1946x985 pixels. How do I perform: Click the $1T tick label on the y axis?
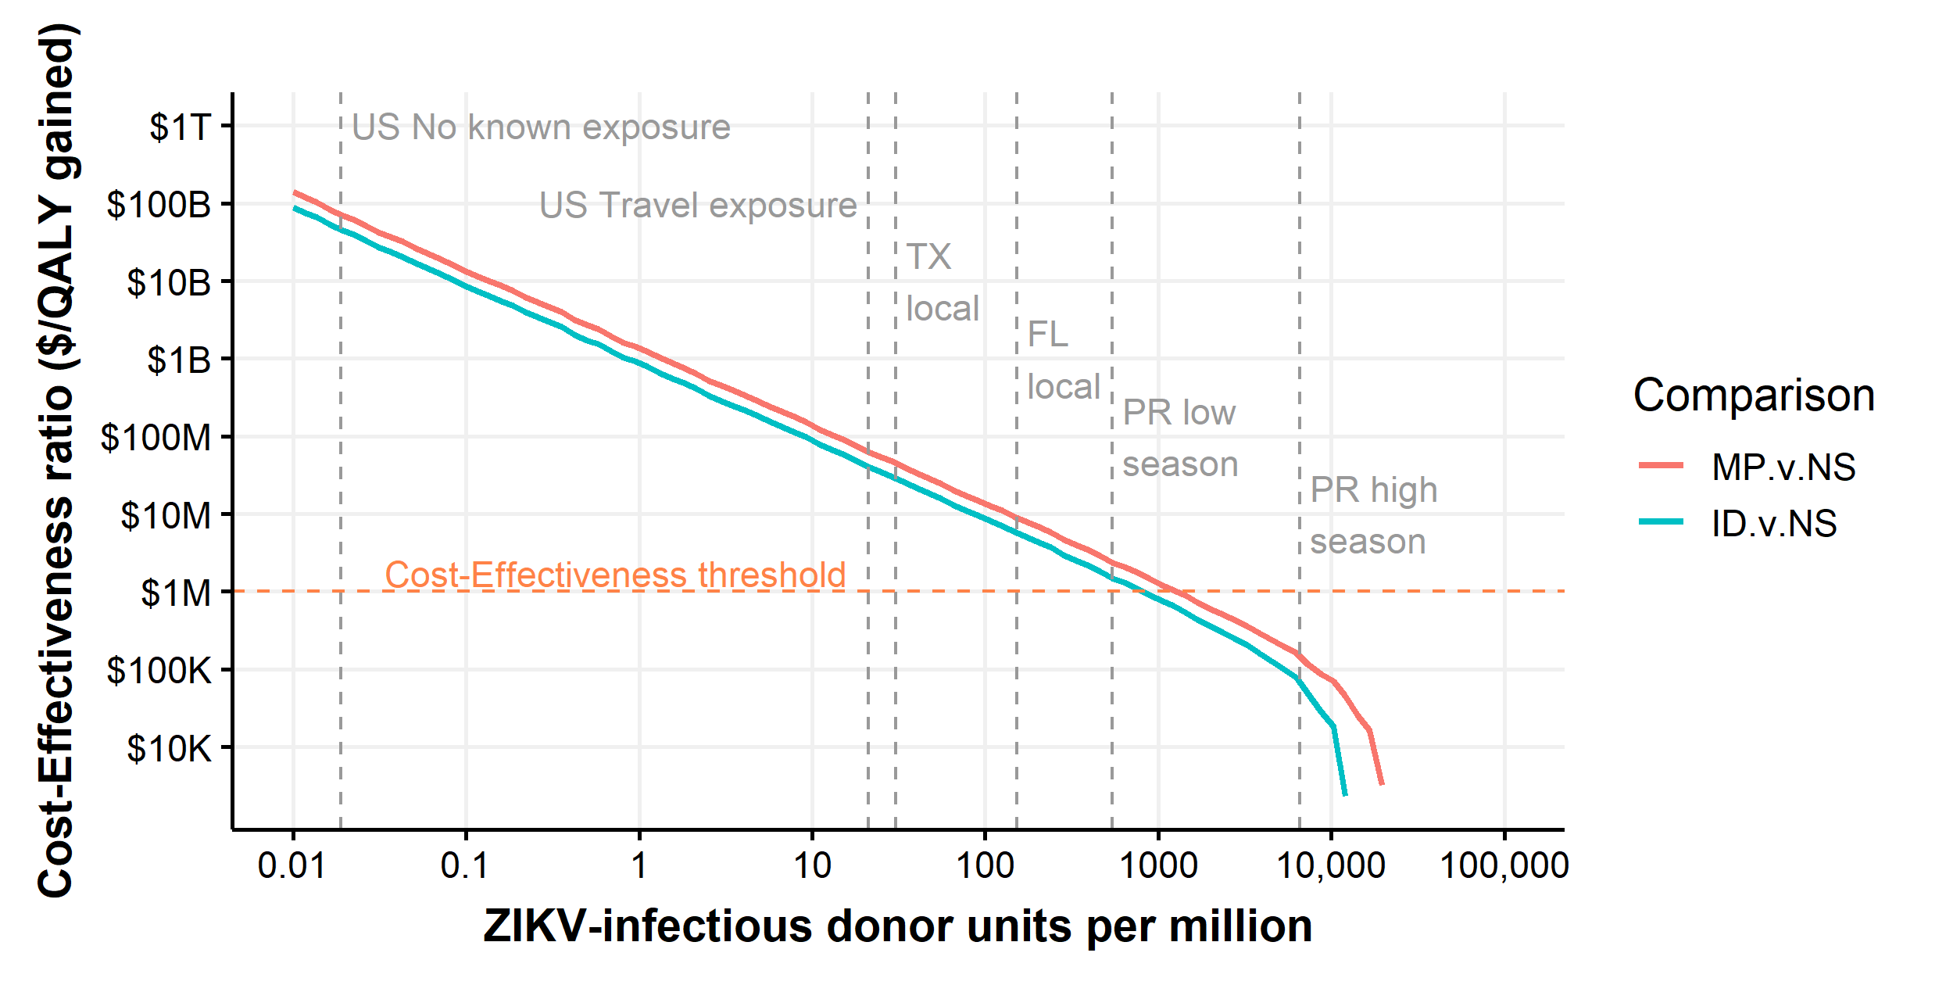pos(181,127)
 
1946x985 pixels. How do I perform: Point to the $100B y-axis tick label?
pos(159,205)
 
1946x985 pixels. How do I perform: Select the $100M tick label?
pos(156,438)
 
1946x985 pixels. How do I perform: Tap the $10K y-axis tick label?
pos(169,749)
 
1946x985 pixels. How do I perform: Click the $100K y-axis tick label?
pos(159,671)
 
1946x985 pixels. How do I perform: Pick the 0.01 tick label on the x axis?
pos(292,866)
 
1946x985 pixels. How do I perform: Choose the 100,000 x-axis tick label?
pos(1504,866)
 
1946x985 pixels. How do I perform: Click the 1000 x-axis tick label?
pos(1158,866)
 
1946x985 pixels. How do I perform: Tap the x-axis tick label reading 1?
pos(639,866)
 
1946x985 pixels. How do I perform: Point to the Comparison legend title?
pos(1754,395)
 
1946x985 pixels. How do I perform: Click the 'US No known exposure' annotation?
pos(541,127)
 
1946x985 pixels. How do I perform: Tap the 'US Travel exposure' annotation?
pos(698,206)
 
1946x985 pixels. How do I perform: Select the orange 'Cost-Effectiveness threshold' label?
pos(615,575)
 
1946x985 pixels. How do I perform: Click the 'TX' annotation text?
pos(928,256)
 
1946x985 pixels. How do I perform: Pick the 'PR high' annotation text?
pos(1373,490)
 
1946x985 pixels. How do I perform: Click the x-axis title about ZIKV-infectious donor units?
pos(897,926)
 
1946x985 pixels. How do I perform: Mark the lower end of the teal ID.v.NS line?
pos(1345,794)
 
